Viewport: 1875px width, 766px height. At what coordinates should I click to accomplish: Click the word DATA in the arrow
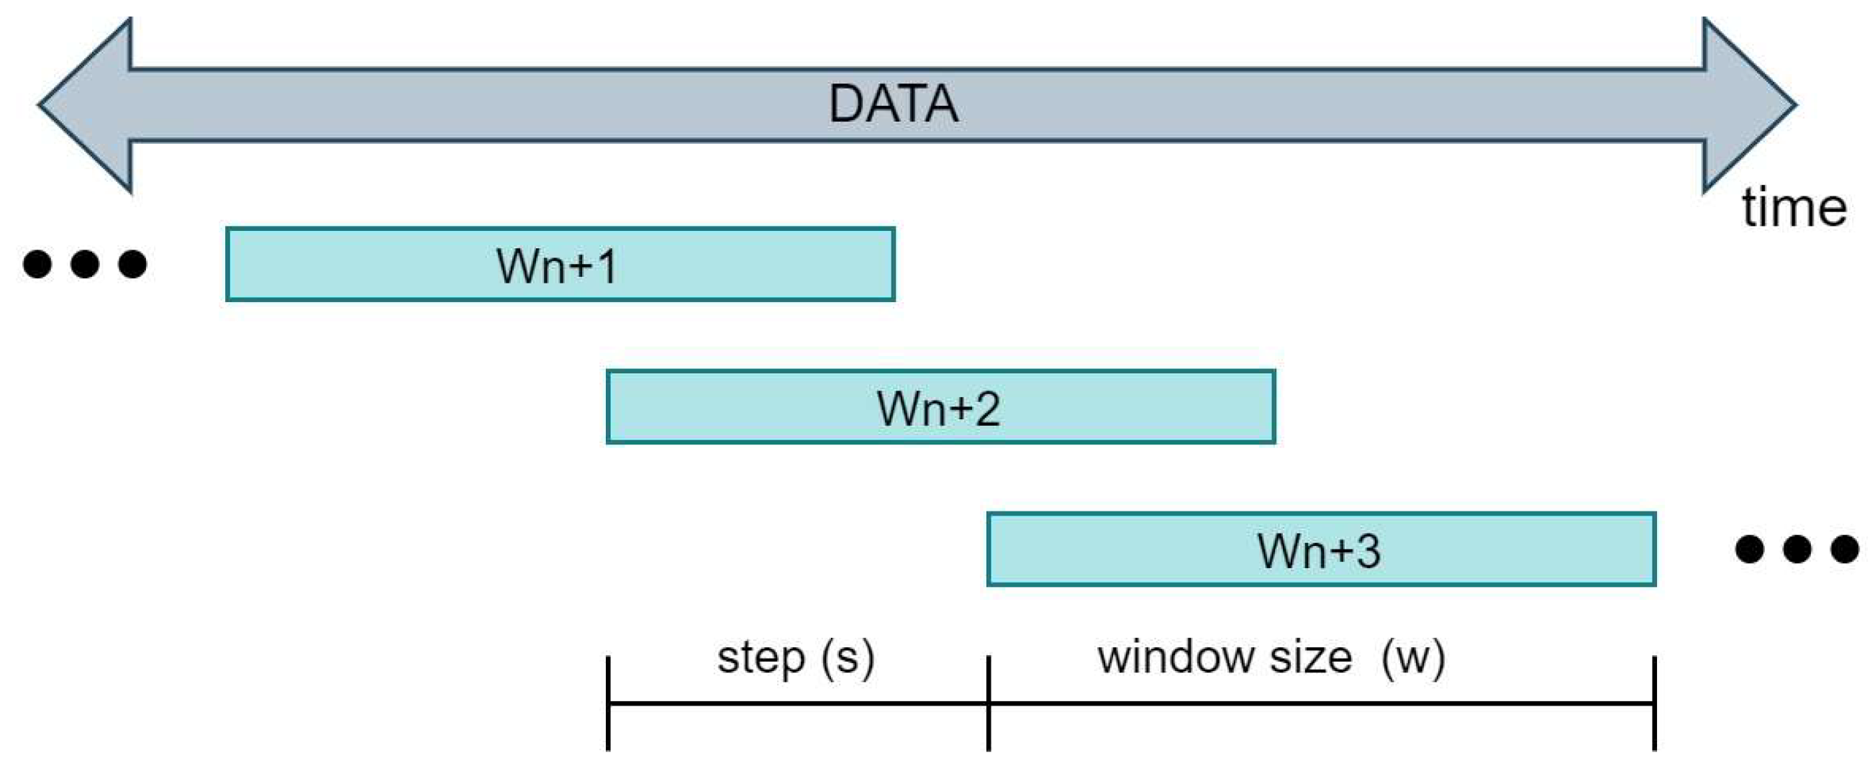click(x=893, y=104)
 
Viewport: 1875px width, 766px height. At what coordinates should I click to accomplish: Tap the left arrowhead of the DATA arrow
click(x=87, y=106)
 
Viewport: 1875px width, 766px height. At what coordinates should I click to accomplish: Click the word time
click(x=1794, y=209)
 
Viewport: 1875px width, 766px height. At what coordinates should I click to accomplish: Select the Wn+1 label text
click(x=557, y=265)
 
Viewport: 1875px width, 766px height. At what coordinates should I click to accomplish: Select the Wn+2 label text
click(x=938, y=408)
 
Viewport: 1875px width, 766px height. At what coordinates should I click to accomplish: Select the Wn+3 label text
click(x=1318, y=551)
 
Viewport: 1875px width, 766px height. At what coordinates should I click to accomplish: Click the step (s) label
click(x=796, y=658)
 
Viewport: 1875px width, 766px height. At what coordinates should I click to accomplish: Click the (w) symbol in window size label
click(x=1413, y=658)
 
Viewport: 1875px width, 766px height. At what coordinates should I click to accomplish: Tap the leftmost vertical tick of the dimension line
click(x=609, y=703)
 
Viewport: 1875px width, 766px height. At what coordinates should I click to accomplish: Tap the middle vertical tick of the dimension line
click(x=989, y=703)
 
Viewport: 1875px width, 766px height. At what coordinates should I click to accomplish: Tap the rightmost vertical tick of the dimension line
click(x=1654, y=703)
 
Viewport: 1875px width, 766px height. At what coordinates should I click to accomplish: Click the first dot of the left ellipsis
click(x=37, y=263)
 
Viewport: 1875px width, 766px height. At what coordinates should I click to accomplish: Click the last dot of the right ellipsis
click(x=1845, y=549)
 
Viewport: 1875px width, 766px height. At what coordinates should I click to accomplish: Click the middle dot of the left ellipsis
click(x=85, y=263)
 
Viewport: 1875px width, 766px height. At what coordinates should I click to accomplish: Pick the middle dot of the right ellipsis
click(x=1797, y=549)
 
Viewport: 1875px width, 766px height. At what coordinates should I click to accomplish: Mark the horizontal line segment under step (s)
click(x=799, y=703)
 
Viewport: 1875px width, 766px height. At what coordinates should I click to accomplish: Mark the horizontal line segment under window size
click(x=1321, y=703)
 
